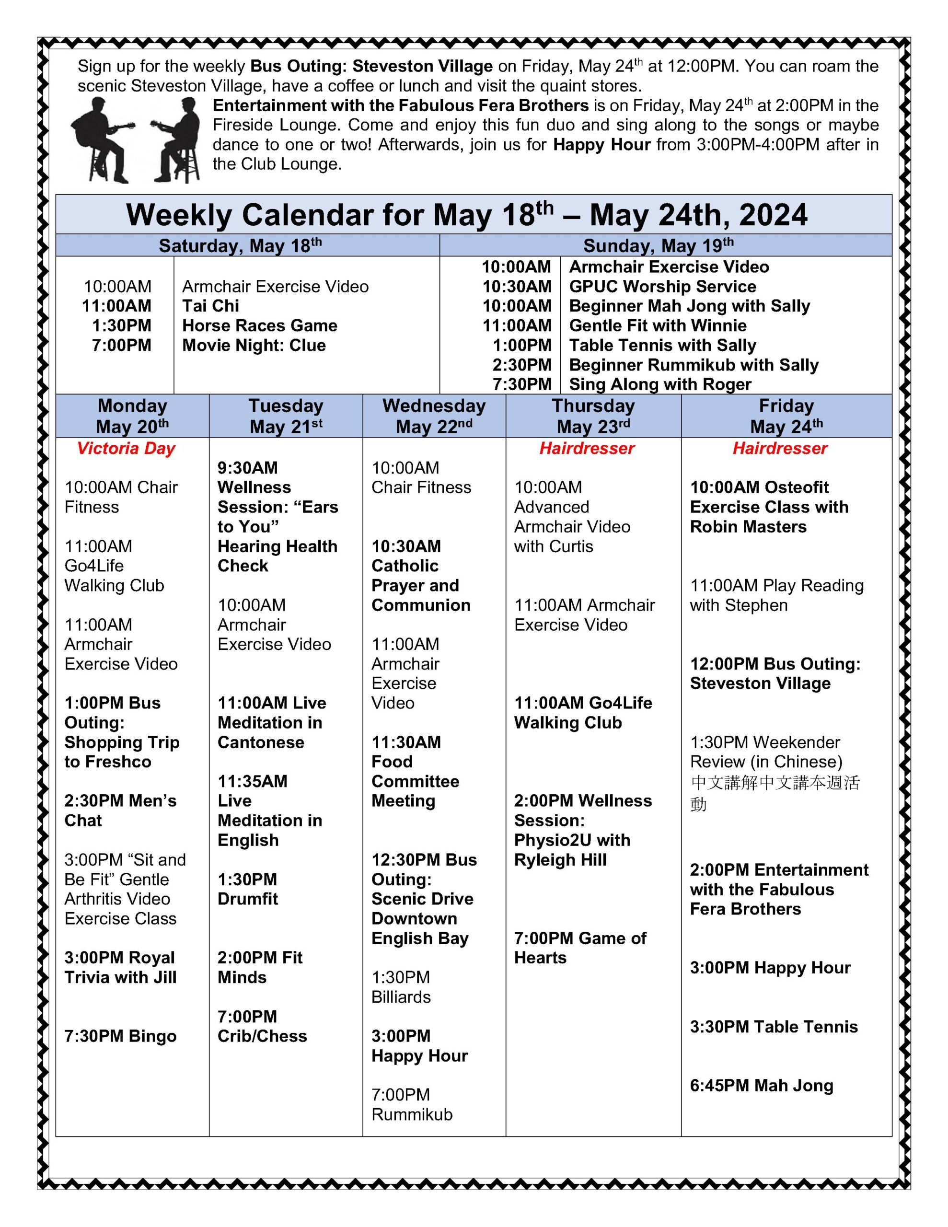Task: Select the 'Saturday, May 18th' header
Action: click(240, 245)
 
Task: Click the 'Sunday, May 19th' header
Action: click(658, 245)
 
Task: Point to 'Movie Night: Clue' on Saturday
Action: click(254, 345)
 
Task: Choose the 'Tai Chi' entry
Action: click(210, 306)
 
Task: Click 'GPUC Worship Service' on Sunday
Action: click(662, 287)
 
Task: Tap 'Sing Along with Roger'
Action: click(660, 384)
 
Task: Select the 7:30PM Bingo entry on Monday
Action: click(120, 1036)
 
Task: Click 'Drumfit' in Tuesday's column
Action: click(247, 898)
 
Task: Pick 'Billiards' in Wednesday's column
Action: click(401, 996)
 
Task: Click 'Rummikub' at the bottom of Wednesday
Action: click(411, 1114)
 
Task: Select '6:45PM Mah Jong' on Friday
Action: click(761, 1086)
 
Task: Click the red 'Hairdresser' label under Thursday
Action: click(587, 448)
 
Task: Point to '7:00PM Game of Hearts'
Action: click(579, 948)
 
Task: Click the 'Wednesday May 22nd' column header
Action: click(433, 416)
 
